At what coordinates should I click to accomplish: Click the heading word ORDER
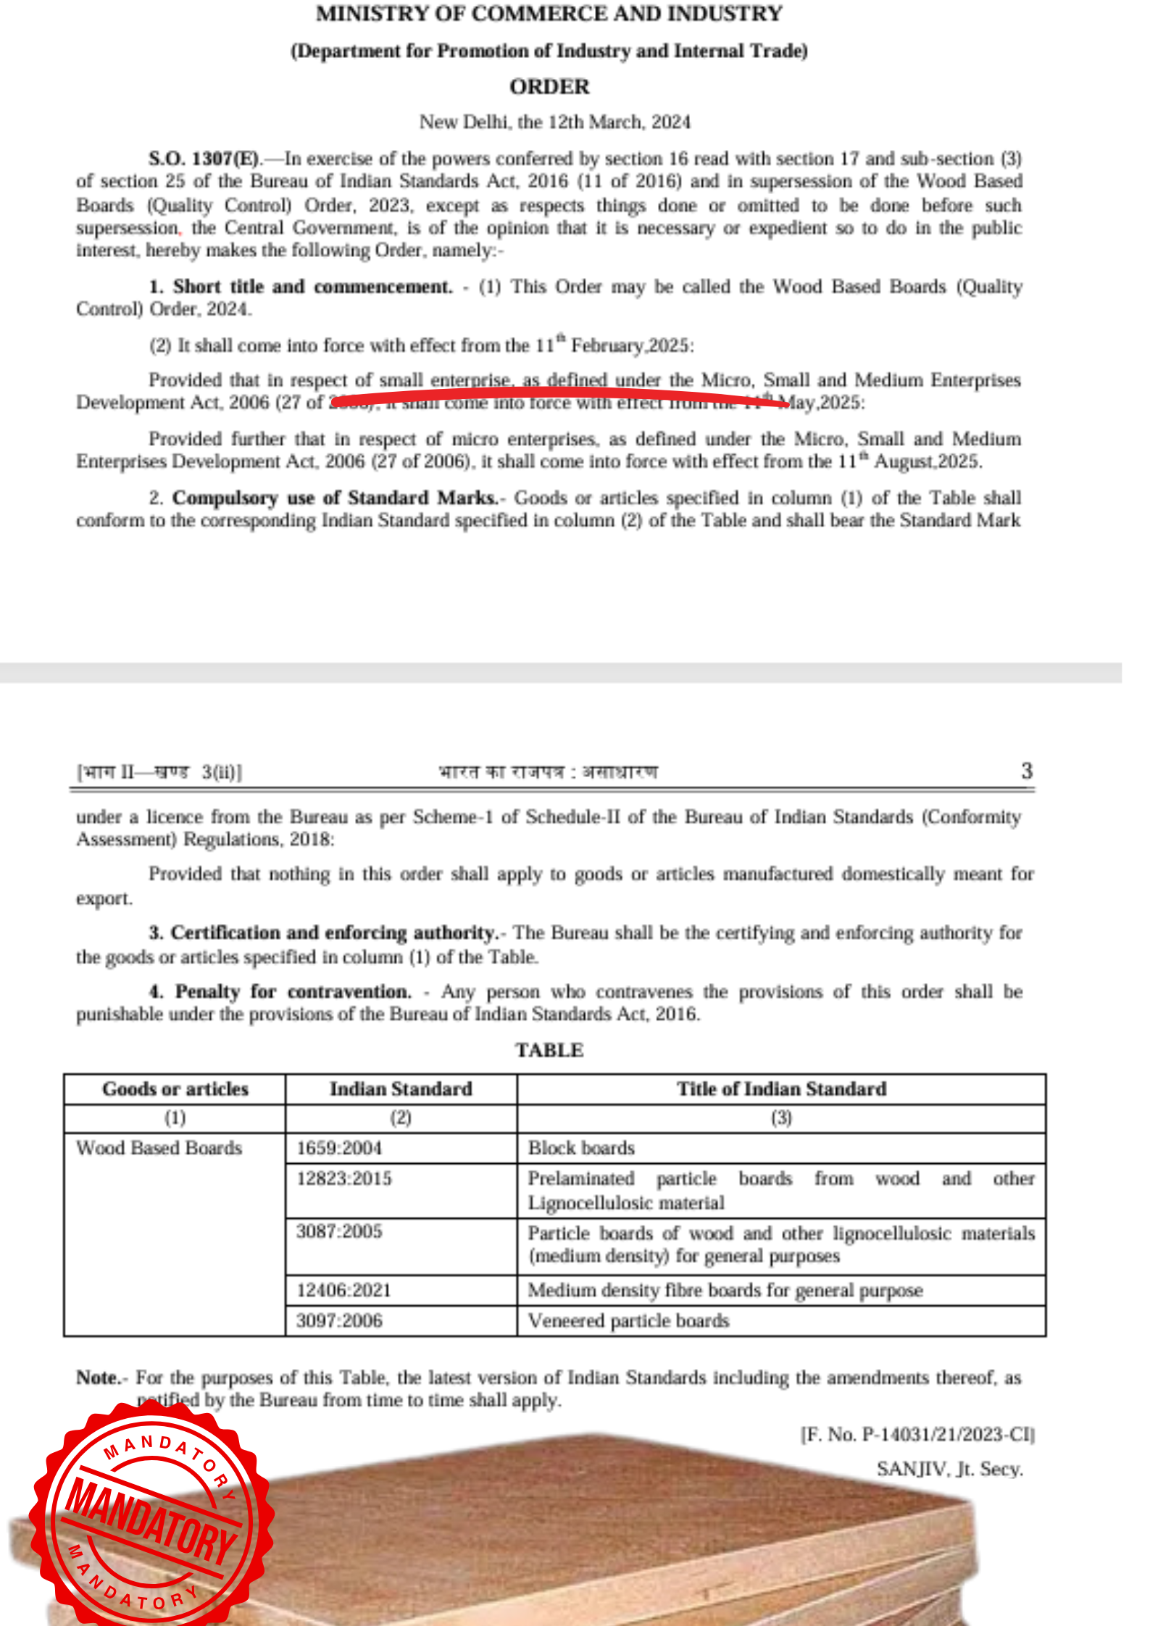coord(549,87)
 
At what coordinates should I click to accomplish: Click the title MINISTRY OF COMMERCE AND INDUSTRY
coord(549,14)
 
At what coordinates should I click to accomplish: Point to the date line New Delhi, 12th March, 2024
coord(554,122)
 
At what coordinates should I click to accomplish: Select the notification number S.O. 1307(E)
coord(204,159)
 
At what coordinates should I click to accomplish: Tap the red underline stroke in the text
coord(558,395)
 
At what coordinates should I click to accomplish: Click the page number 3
coord(1026,771)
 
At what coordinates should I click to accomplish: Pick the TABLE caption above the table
coord(549,1050)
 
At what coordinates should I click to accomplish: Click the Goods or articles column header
coord(175,1089)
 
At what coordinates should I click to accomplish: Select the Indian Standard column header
coord(401,1089)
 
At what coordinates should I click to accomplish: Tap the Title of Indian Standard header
coord(781,1089)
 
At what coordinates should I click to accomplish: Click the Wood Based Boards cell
coord(159,1148)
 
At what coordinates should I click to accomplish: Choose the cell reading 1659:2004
coord(339,1148)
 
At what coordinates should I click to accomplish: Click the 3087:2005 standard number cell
coord(339,1231)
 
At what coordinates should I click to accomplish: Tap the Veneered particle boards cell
coord(628,1320)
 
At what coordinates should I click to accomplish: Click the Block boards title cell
coord(581,1148)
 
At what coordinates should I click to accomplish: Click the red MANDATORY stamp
coord(151,1517)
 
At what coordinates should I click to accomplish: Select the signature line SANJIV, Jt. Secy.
coord(949,1469)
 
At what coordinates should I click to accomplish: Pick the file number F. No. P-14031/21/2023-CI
coord(917,1435)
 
